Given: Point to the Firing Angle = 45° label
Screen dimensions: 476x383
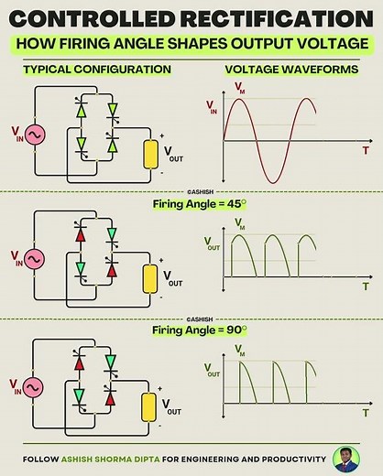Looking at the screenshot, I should pos(192,205).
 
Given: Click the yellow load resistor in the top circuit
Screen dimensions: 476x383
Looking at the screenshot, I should pos(148,154).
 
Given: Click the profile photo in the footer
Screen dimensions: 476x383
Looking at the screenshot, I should pos(346,460).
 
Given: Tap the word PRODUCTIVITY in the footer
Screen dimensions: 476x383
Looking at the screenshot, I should pos(289,460).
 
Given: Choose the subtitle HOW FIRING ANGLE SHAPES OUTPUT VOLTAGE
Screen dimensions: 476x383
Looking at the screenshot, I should pos(191,43).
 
